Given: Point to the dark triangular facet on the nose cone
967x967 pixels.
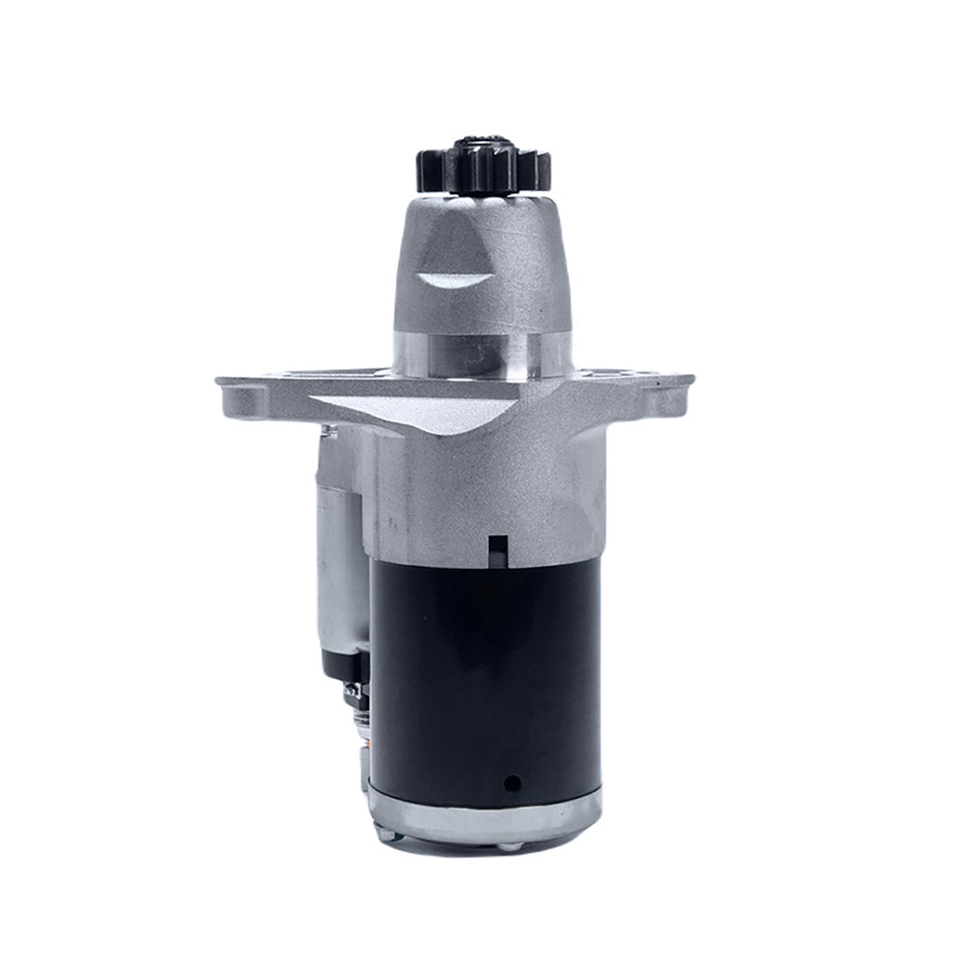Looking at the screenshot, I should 440,242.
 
